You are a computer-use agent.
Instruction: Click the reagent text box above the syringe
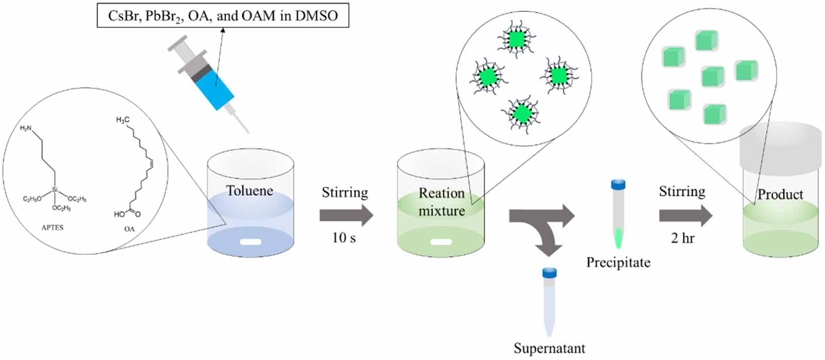(223, 15)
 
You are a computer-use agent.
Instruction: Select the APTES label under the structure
(52, 227)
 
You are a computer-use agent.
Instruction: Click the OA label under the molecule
(129, 228)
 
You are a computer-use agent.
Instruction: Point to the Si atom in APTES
(55, 190)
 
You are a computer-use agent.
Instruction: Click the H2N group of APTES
(25, 128)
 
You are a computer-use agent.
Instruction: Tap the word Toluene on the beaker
(250, 191)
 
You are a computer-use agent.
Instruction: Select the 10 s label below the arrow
(343, 238)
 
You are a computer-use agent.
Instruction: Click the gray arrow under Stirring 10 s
(345, 215)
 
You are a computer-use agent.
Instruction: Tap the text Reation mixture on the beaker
(441, 202)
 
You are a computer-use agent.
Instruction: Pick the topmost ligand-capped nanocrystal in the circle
(516, 39)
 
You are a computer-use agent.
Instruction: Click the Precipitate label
(618, 263)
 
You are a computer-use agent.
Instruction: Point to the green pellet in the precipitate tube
(618, 238)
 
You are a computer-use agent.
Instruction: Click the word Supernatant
(549, 349)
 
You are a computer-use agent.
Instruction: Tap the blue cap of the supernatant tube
(549, 272)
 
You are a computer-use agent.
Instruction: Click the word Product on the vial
(780, 194)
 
